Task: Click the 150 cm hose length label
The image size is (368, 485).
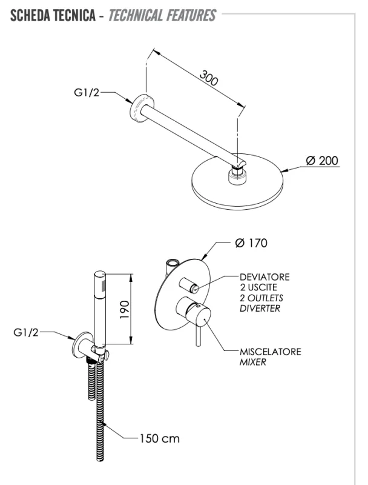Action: coord(159,438)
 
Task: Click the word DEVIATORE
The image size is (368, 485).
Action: coord(265,277)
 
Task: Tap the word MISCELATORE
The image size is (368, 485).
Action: coord(271,352)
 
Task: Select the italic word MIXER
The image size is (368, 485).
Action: coord(253,362)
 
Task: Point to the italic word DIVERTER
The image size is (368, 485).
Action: coord(260,309)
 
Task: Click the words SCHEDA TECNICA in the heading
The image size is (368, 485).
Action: coord(51,15)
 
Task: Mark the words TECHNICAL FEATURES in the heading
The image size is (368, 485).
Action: coord(162,15)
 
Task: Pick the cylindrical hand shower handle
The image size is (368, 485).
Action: coord(100,309)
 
